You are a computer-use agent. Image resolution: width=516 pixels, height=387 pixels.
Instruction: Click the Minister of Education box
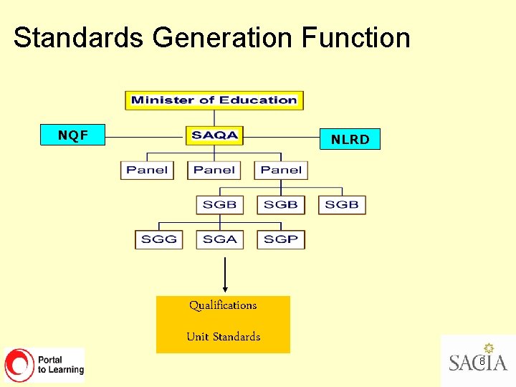pos(214,100)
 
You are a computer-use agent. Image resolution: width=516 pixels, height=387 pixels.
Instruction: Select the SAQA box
pos(214,135)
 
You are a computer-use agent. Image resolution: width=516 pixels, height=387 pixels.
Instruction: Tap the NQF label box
pos(73,134)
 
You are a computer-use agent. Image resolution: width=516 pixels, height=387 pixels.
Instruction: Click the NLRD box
pos(350,139)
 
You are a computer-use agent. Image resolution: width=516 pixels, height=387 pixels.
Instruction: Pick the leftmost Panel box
pos(147,170)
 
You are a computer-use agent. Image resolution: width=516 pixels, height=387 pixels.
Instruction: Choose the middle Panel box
pos(214,170)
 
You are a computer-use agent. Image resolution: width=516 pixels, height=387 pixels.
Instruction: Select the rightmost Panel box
pos(281,170)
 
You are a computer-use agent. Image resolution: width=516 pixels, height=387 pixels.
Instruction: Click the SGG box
pos(159,239)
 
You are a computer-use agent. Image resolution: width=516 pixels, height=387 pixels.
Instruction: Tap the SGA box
pos(220,239)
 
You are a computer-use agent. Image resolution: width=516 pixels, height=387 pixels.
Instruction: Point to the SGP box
pos(281,239)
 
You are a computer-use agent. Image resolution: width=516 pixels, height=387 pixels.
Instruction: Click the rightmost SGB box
pos(342,204)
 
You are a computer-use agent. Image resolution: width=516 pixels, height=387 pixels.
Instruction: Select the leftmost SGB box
pos(220,204)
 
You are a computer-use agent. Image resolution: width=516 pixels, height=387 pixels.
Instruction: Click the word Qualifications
pos(223,305)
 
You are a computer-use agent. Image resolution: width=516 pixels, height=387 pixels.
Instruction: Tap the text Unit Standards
pos(223,337)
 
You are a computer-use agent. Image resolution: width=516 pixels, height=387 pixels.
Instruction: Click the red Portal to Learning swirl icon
pos(19,365)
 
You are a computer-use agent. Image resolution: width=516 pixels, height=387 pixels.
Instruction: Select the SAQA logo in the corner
pos(478,359)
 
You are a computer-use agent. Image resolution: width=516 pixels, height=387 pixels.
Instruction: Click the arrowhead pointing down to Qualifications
pos(225,290)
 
